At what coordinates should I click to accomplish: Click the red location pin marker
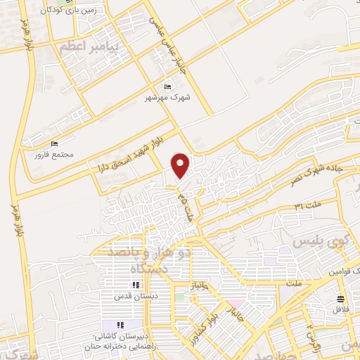click(181, 165)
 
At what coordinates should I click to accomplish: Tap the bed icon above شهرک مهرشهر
click(167, 86)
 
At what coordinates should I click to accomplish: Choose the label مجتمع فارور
click(58, 154)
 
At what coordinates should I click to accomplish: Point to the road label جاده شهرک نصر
click(316, 170)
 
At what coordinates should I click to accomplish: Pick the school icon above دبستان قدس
click(135, 285)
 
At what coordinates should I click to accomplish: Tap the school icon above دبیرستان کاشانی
click(120, 325)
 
